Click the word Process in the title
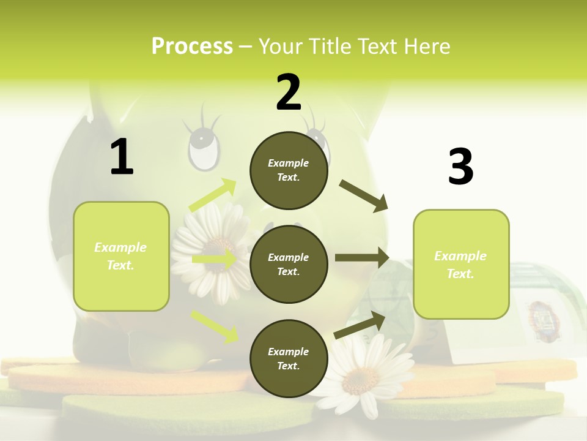point(192,46)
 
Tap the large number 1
point(122,157)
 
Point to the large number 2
point(289,92)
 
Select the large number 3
point(460,166)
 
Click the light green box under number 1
point(121,256)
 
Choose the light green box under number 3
point(461,264)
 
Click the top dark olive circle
point(289,170)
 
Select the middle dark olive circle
point(289,264)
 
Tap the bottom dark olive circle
point(289,358)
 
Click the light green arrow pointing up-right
point(213,195)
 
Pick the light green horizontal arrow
point(214,259)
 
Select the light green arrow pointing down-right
point(215,326)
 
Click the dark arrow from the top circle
point(363,195)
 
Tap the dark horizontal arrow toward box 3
point(362,258)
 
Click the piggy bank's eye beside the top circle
point(204,148)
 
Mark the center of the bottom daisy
point(361,380)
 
